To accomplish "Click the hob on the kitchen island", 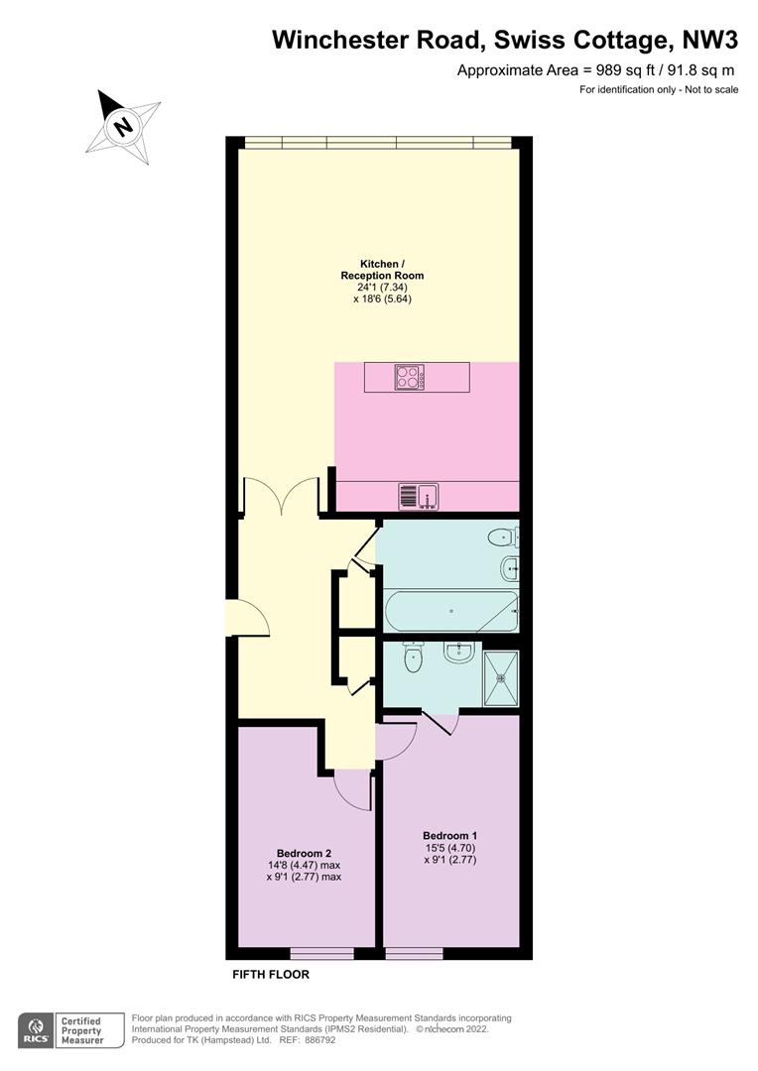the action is pos(410,378).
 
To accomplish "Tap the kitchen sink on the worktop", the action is pos(419,496).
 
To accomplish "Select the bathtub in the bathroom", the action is pos(451,611).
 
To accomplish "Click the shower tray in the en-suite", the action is pos(501,678).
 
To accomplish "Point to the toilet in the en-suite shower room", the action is pos(414,657).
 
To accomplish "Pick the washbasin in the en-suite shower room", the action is pos(458,653).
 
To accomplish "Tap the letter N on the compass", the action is pos(124,126).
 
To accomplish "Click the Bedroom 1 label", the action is pos(449,835).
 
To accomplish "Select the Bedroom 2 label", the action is pos(305,853).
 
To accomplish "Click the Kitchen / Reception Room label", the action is pos(382,270).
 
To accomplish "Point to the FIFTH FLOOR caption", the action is pos(271,975).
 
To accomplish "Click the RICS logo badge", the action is pos(37,1030).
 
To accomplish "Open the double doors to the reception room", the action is pos(280,496).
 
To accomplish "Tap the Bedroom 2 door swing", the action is pos(352,792).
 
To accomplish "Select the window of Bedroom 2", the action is pos(321,954).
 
